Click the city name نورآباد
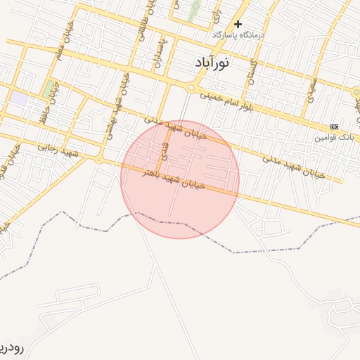(x=212, y=63)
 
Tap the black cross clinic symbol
(x=238, y=25)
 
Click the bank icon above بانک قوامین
(x=333, y=127)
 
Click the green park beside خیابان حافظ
(x=49, y=90)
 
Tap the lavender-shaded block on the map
(x=19, y=98)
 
